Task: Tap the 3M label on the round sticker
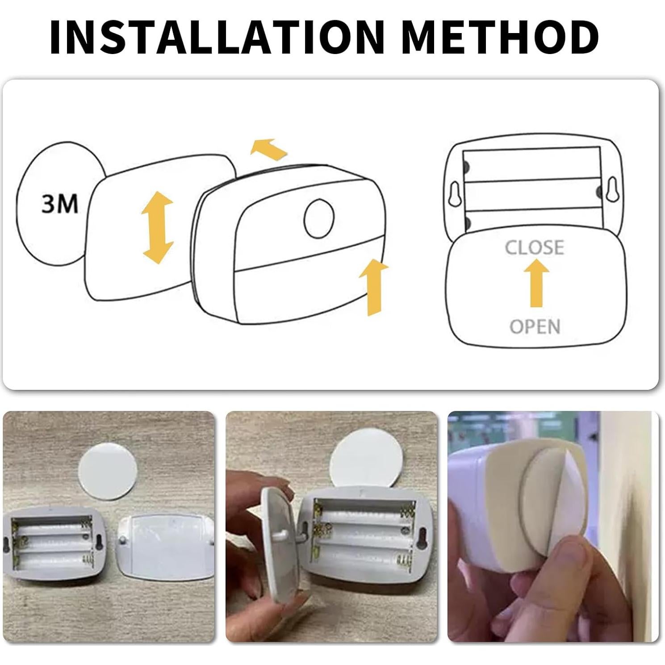click(59, 204)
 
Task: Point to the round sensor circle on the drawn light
click(319, 218)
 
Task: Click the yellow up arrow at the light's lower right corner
click(373, 288)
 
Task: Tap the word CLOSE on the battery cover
click(535, 247)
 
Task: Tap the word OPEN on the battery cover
click(535, 327)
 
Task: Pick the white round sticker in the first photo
click(108, 470)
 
